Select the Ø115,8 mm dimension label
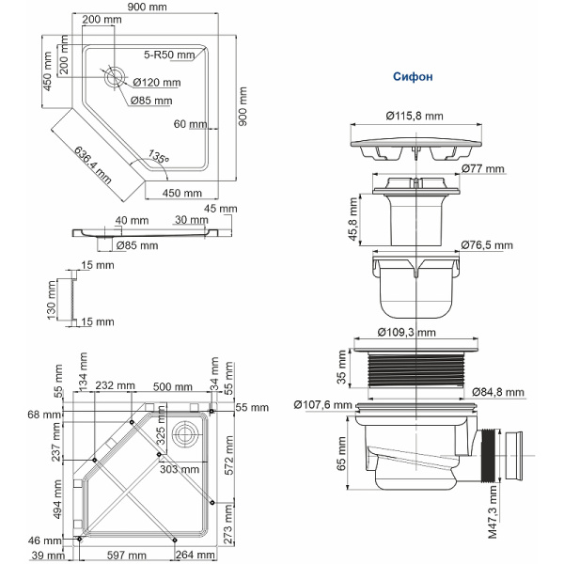coord(414,117)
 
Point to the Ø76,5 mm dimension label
coord(487,245)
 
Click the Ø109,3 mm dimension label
coord(406,332)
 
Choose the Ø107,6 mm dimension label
coord(322,405)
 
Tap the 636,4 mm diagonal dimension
coord(91,162)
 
